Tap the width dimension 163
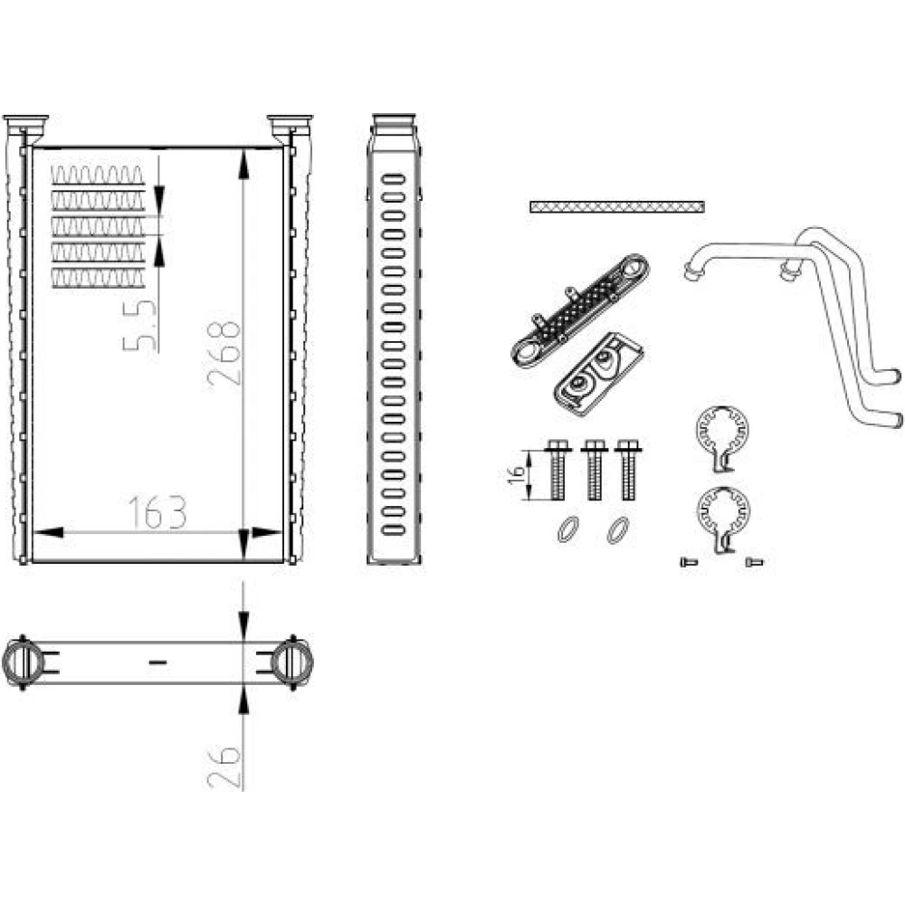(x=157, y=512)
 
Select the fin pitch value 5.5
(x=139, y=326)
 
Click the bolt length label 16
(x=518, y=472)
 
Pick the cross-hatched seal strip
(x=617, y=206)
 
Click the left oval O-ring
(x=568, y=529)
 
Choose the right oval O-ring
(x=618, y=529)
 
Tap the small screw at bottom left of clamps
(x=689, y=562)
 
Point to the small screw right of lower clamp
(x=755, y=562)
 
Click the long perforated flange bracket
(x=580, y=310)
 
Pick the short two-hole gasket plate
(x=598, y=374)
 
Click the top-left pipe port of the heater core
(x=25, y=129)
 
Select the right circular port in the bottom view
(x=292, y=662)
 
